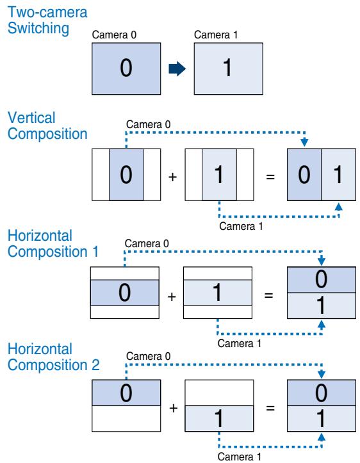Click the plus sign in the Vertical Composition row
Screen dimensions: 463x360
click(171, 175)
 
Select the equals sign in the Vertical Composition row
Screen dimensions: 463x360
click(270, 175)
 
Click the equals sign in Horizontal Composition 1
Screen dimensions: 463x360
click(270, 296)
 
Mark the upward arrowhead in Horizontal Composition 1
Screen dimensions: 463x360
click(321, 325)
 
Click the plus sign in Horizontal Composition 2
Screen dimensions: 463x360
click(171, 408)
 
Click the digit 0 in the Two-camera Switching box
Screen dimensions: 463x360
click(126, 69)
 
